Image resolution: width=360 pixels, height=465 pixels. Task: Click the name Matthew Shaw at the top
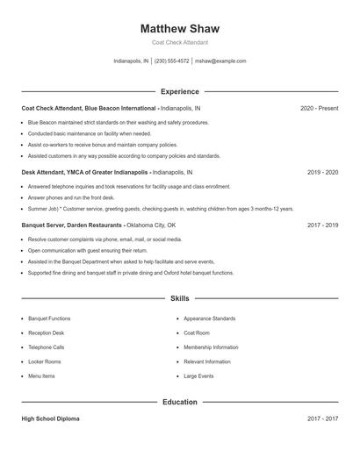tap(180, 29)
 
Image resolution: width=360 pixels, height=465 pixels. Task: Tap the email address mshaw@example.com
tap(220, 61)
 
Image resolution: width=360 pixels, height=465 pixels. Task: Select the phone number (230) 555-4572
tap(172, 61)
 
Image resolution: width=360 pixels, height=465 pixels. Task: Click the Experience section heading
tap(180, 91)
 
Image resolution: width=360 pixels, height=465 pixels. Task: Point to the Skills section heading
tap(180, 299)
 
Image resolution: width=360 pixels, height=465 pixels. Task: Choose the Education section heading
tap(180, 402)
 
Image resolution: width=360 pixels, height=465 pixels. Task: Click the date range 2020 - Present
tap(319, 108)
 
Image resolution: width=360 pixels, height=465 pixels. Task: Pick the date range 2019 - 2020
tap(322, 173)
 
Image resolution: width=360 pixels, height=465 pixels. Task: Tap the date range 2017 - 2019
tap(322, 225)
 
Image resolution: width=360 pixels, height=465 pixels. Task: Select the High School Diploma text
tap(50, 419)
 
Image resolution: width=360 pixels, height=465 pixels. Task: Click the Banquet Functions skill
tap(49, 318)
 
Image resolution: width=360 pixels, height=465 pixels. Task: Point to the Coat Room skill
tap(197, 333)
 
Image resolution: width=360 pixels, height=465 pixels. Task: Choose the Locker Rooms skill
tap(44, 361)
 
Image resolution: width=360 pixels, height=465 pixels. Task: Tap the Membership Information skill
tap(211, 347)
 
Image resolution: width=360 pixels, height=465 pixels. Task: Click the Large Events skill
tap(198, 376)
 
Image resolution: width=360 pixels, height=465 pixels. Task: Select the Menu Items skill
tap(41, 376)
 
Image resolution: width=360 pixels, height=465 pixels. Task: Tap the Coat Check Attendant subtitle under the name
tap(180, 42)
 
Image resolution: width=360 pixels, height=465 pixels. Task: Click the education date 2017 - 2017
tap(322, 419)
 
